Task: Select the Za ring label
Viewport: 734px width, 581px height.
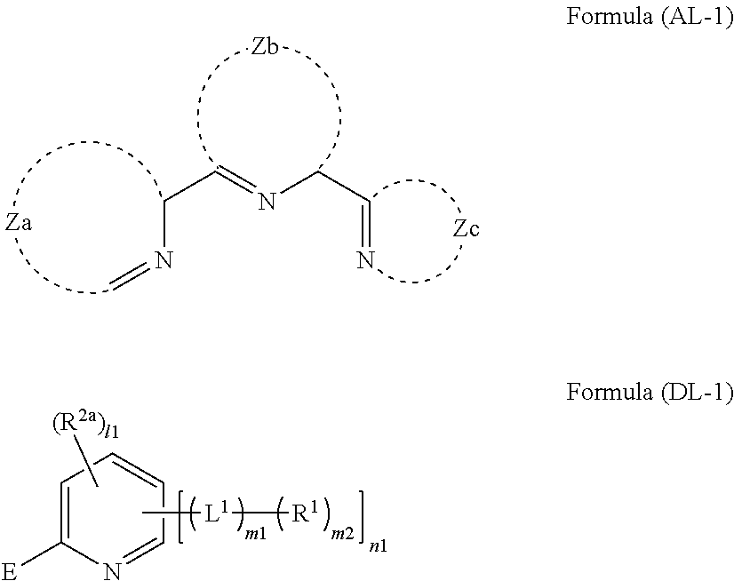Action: [19, 224]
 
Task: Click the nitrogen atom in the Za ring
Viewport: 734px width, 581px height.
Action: [162, 259]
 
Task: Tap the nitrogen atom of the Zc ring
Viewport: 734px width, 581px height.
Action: [363, 259]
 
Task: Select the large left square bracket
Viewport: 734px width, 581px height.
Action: [181, 513]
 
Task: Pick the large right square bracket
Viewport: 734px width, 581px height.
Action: [362, 513]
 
